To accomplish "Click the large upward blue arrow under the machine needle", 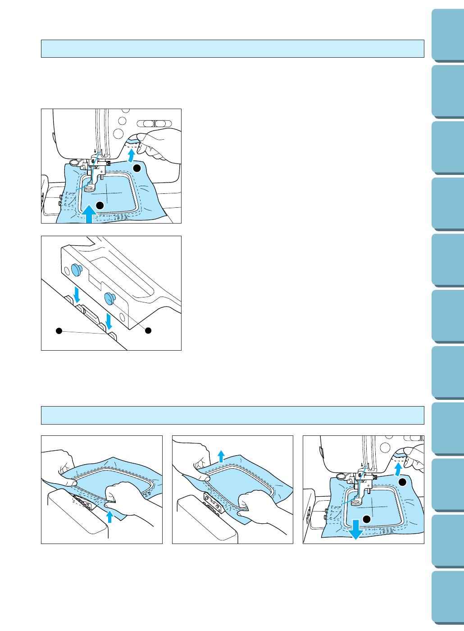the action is [89, 213].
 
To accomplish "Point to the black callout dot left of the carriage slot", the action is [58, 331].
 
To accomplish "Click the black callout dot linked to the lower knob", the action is [148, 331].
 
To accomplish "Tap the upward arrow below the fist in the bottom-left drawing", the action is [109, 516].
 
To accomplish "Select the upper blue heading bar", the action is [232, 49].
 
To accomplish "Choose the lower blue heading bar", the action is [232, 415].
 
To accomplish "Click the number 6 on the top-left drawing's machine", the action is [93, 161].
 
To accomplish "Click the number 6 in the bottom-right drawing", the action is [359, 476].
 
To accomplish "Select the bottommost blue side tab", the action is [447, 598].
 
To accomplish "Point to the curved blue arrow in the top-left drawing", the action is [131, 156].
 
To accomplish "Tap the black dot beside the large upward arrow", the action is [100, 205].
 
